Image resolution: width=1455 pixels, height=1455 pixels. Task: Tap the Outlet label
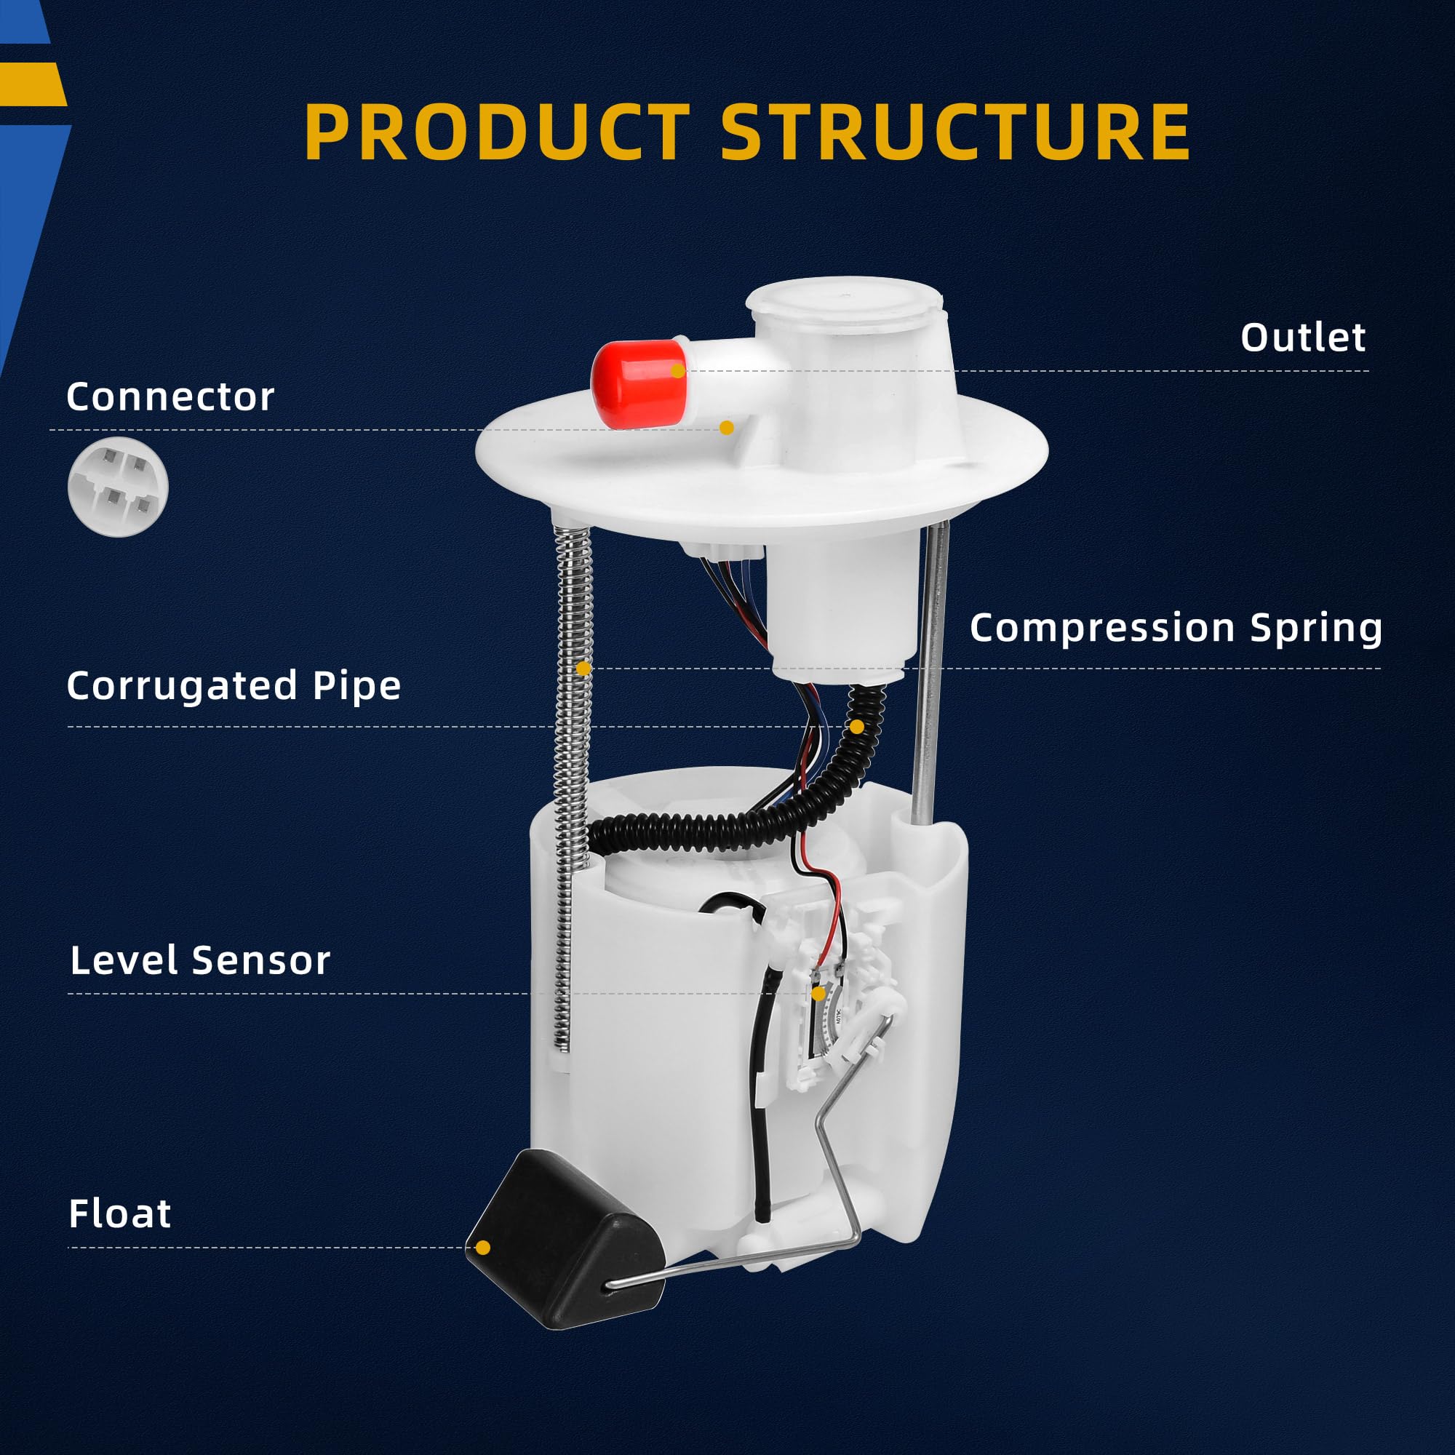click(1303, 338)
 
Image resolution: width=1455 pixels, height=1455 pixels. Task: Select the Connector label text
click(170, 397)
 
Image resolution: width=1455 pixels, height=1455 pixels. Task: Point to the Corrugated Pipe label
click(234, 686)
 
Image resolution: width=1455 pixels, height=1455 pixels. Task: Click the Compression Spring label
click(1176, 627)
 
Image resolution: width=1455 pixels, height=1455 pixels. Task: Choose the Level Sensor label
click(200, 961)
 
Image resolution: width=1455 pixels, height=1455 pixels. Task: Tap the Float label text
click(120, 1215)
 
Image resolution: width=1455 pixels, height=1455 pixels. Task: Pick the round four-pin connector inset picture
click(119, 487)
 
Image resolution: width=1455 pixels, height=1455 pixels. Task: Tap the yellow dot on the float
click(484, 1248)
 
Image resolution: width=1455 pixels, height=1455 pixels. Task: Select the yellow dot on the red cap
click(678, 370)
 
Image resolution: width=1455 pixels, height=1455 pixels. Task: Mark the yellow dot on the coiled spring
click(583, 668)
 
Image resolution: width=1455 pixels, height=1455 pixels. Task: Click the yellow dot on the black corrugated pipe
click(857, 726)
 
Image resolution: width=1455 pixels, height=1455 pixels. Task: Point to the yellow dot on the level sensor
click(818, 994)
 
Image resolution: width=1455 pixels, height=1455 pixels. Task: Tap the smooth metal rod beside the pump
click(929, 678)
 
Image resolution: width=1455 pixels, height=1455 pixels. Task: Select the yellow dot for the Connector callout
click(726, 428)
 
